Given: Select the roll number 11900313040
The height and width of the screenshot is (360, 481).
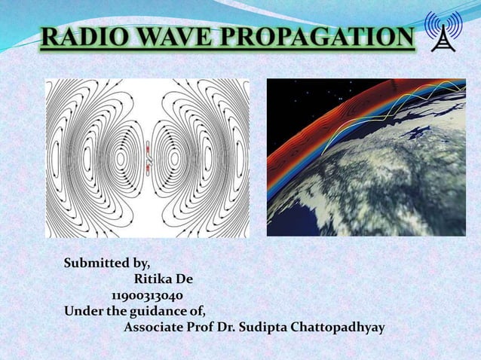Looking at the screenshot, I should (x=146, y=295).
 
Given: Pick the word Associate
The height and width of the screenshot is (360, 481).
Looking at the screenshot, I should (x=156, y=328).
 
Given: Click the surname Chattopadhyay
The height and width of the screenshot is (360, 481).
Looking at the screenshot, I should (x=345, y=328).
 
